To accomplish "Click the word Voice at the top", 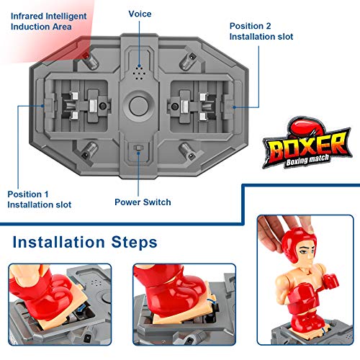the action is click(140, 14).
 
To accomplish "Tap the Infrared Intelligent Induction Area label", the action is click(48, 22).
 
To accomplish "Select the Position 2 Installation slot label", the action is click(261, 31).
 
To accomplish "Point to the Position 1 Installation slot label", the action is click(40, 199).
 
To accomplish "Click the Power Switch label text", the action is click(143, 202).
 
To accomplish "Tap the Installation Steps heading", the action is click(85, 242).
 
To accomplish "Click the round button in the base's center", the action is click(138, 106).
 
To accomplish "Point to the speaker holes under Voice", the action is click(139, 72).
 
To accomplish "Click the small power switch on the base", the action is click(138, 148).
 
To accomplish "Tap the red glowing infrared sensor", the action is click(86, 56).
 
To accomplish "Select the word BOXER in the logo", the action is click(309, 146).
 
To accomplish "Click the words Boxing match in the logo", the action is click(307, 160).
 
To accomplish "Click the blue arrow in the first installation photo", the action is click(81, 307).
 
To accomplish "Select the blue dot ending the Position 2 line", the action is click(234, 107).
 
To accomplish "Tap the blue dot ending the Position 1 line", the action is click(43, 106).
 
